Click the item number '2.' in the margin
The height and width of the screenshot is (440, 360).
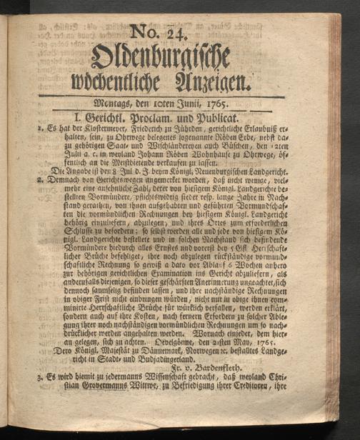24,181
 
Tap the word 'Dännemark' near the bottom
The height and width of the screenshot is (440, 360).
149,352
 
